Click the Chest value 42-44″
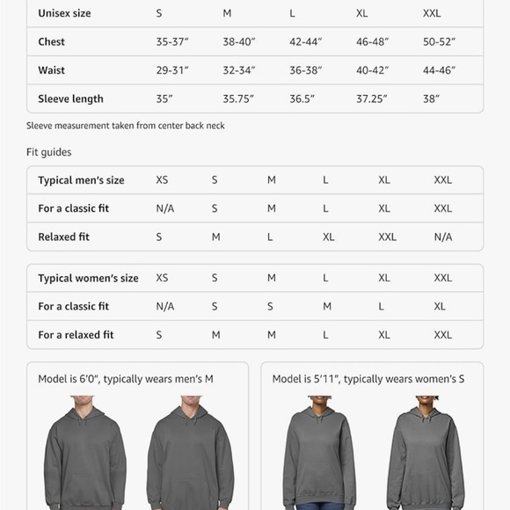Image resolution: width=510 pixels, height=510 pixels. coord(306,42)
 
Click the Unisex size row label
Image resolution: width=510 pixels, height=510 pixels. coord(64,14)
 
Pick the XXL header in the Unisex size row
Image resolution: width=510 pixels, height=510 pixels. coord(432,14)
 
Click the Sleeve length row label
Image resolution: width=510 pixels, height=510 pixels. coord(70,99)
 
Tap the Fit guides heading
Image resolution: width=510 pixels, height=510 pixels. coord(49,152)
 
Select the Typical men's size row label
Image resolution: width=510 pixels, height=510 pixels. coord(81,180)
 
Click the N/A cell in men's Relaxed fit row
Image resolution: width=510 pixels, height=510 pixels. coord(442,237)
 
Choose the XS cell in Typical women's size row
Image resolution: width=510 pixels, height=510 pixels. coord(162,278)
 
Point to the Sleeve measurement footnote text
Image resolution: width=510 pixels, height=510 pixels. coord(126,126)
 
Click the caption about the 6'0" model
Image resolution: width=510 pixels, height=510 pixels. coord(126,379)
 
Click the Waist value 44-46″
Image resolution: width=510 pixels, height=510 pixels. coord(440,70)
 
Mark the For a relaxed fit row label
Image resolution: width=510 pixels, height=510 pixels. coord(76,335)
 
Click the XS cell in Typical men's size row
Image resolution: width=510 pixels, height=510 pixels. coord(162,180)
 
